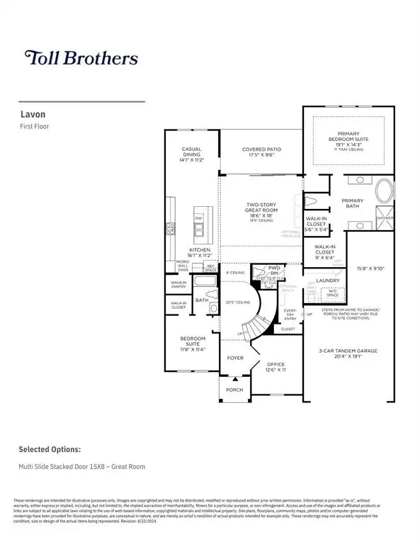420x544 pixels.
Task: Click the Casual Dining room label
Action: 192,155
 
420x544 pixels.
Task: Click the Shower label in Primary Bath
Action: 385,219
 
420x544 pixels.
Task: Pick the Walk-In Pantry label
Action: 177,284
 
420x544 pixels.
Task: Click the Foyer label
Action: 234,358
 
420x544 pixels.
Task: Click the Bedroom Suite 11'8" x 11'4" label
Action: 192,345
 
